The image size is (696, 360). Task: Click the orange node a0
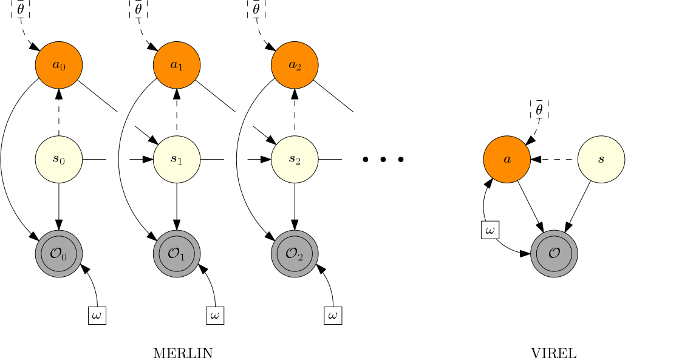click(59, 65)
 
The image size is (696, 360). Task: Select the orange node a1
click(177, 65)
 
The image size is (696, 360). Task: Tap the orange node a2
click(295, 65)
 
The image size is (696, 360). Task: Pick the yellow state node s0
click(59, 160)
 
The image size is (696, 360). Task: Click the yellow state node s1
click(177, 160)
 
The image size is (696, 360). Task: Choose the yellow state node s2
click(295, 160)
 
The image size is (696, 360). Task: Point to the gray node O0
click(59, 253)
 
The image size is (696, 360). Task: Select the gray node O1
click(177, 253)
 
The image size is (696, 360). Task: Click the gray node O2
click(295, 253)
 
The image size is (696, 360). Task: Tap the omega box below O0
click(97, 316)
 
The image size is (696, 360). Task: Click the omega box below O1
click(215, 316)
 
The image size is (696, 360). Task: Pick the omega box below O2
click(333, 316)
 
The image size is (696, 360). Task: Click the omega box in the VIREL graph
click(490, 230)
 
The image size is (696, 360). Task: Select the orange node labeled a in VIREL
click(507, 160)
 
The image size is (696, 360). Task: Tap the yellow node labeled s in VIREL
click(601, 160)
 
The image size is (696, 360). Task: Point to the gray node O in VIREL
click(554, 253)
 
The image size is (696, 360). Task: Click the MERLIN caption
click(183, 353)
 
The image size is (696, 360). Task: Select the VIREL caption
click(554, 353)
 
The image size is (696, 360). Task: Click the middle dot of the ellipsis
click(383, 160)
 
